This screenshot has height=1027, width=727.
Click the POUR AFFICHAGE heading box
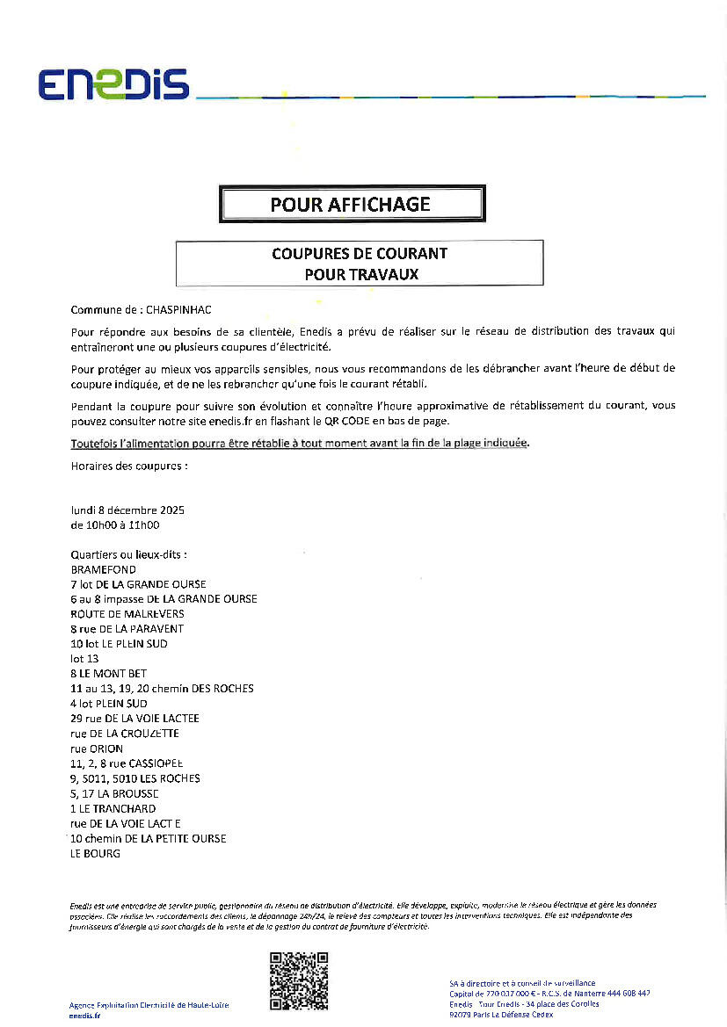[351, 205]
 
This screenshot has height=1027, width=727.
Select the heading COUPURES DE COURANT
[359, 253]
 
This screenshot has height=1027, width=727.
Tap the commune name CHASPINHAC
[178, 310]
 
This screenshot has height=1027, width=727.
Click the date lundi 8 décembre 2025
[127, 510]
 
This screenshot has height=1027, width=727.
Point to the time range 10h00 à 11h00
[114, 525]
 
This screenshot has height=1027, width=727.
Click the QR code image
[299, 980]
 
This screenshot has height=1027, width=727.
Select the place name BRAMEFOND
[103, 569]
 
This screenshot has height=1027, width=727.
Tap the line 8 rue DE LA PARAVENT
[127, 629]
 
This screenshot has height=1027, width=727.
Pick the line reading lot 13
[84, 659]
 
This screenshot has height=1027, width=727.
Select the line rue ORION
[97, 749]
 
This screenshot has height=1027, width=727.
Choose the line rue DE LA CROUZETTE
[124, 734]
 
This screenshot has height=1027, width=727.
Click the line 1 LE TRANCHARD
[113, 808]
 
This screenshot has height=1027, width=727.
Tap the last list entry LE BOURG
[95, 853]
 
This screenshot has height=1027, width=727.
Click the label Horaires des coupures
[128, 466]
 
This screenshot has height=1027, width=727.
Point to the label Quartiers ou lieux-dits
[128, 554]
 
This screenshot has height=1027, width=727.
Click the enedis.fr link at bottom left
[84, 1016]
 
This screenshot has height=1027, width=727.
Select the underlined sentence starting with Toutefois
[300, 443]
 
